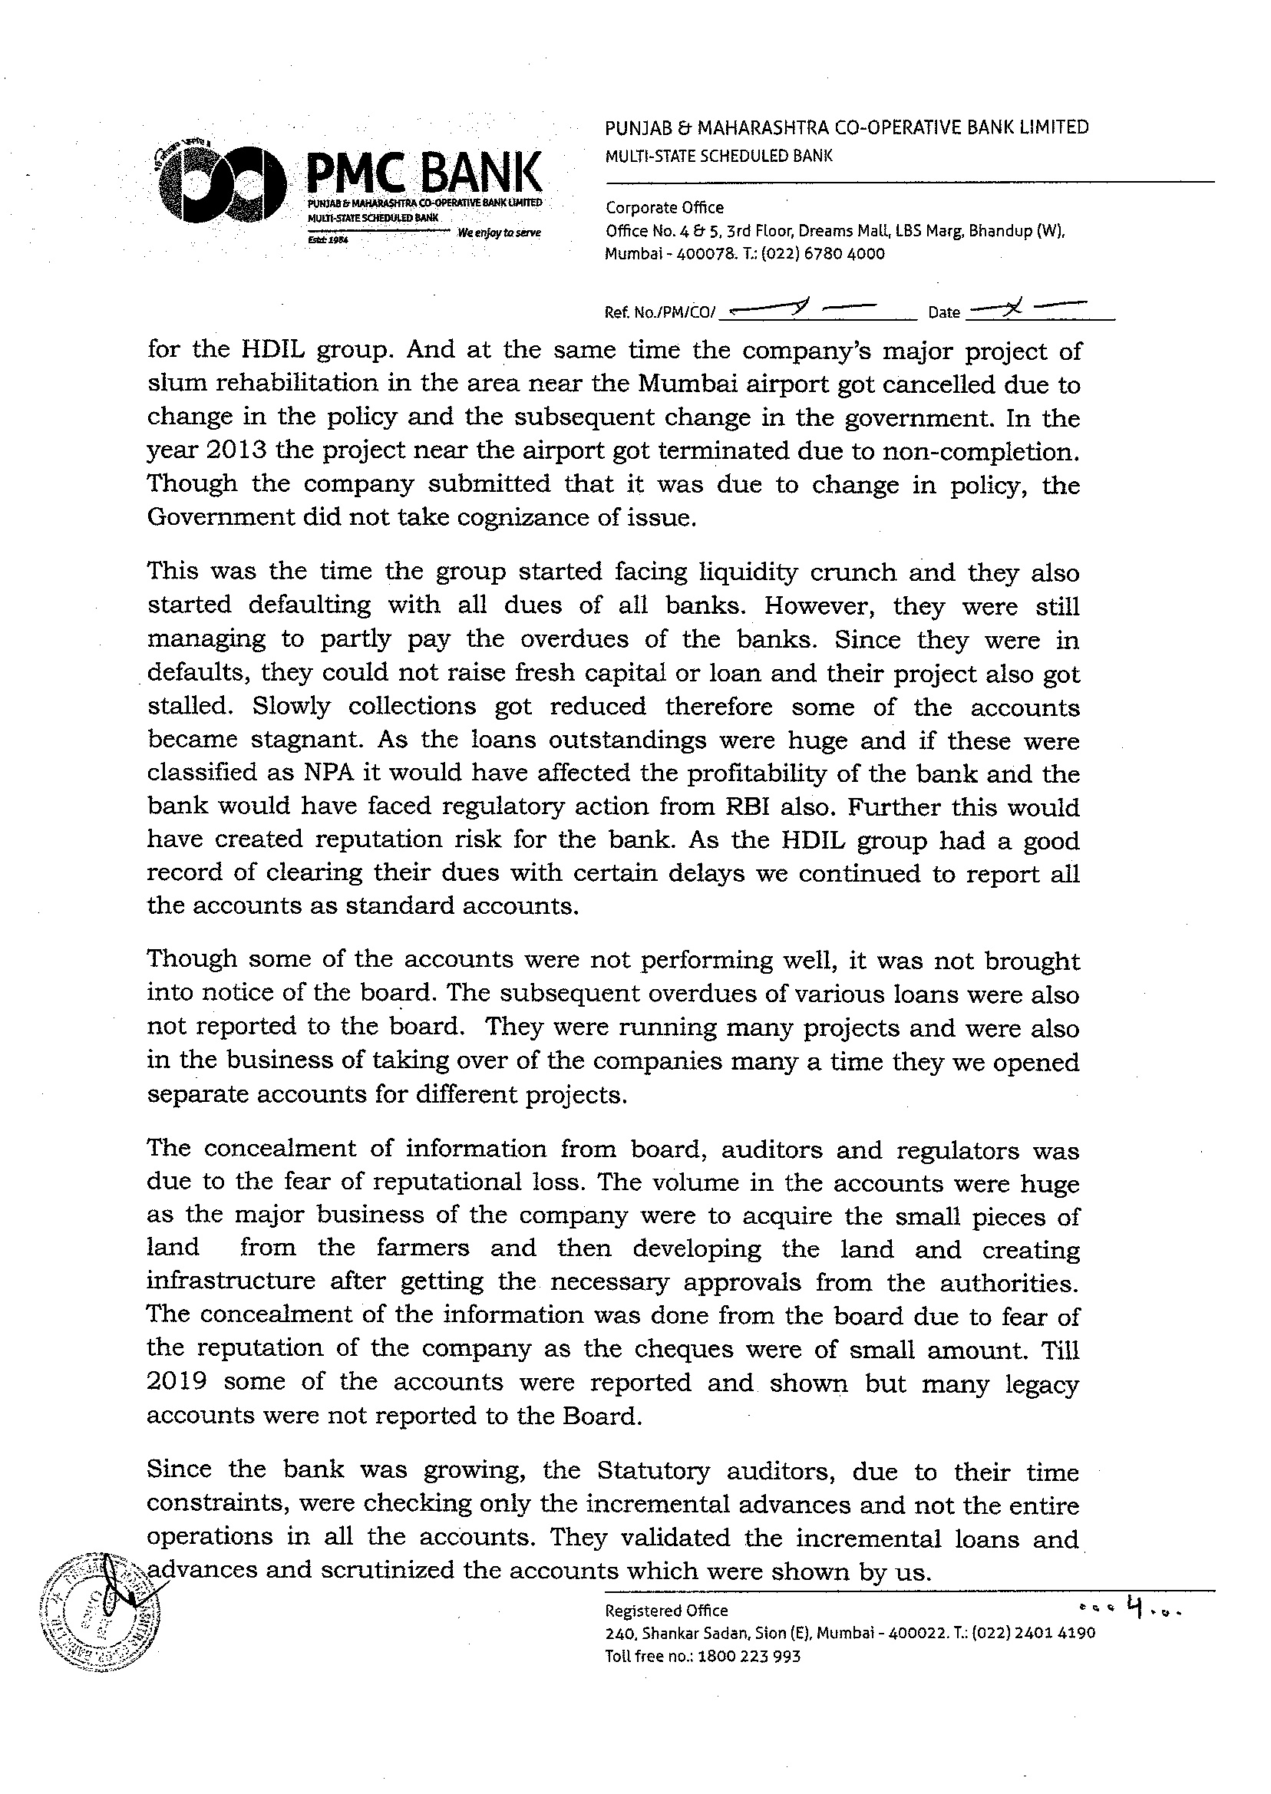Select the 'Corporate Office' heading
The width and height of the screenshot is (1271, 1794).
(x=665, y=208)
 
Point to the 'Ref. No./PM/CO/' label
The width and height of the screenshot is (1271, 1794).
(x=660, y=313)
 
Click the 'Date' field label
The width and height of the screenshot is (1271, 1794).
(x=944, y=313)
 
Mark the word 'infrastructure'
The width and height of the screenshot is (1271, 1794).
(x=231, y=1281)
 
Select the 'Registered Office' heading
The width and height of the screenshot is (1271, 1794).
(x=667, y=1610)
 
